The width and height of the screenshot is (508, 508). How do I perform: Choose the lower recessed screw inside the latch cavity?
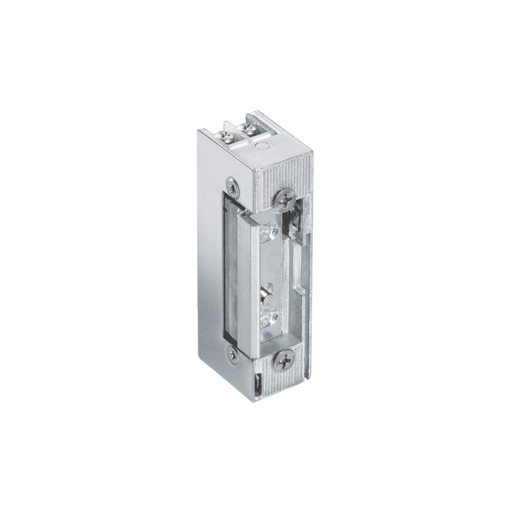tap(267, 315)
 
